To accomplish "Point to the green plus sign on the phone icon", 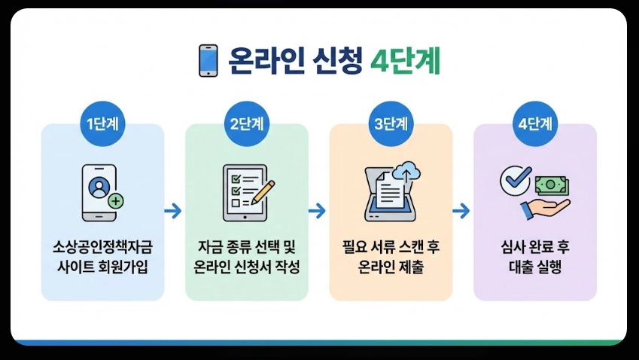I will [x=115, y=201].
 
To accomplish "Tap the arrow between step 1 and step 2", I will [x=174, y=211].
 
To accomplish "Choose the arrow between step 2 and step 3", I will [x=318, y=211].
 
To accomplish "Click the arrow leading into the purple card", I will [x=461, y=211].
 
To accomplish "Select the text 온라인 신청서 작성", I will [x=247, y=267].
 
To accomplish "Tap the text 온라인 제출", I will [x=391, y=267].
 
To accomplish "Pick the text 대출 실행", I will [x=535, y=267].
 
